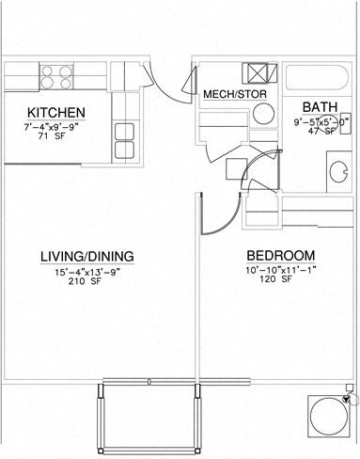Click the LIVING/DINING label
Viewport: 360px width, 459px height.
point(86,255)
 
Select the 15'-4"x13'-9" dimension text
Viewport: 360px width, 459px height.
point(86,272)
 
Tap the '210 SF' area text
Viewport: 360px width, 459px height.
point(86,284)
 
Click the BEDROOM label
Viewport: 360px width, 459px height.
point(280,256)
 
